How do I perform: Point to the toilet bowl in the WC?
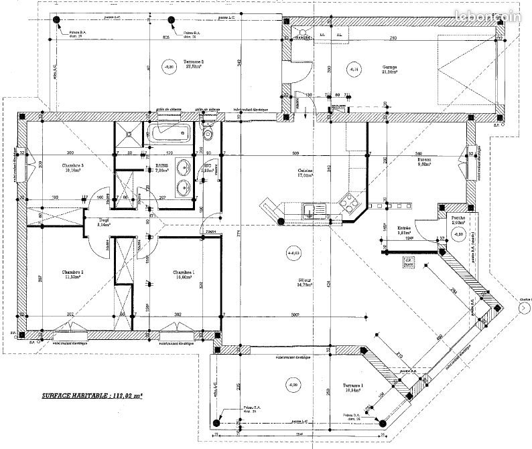pyautogui.click(x=208, y=134)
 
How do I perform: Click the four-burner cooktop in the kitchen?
pyautogui.click(x=350, y=199)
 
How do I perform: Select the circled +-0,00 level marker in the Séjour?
pyautogui.click(x=293, y=252)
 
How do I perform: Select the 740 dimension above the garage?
pyautogui.click(x=393, y=38)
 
